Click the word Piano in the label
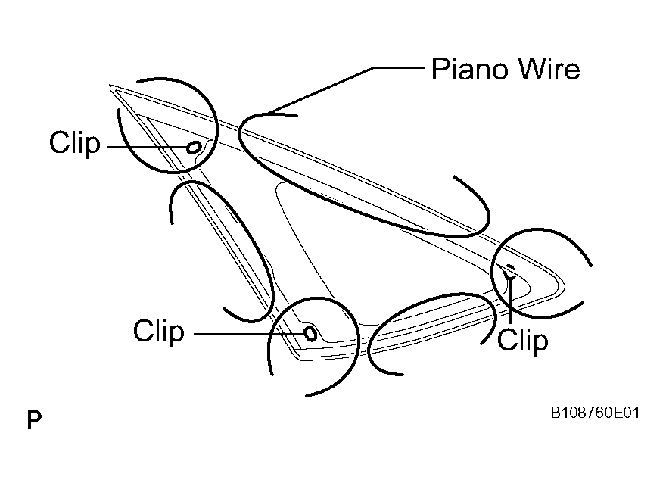tap(469, 69)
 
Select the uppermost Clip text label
tap(75, 143)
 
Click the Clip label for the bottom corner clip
tap(159, 332)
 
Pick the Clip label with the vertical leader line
tap(523, 341)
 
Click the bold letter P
tap(34, 420)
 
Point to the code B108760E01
tap(595, 413)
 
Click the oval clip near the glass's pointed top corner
tap(194, 148)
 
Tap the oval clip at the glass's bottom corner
tap(311, 334)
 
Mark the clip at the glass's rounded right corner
tap(510, 271)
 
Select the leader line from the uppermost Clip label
tap(147, 148)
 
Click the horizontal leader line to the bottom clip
tap(250, 334)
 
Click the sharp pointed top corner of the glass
tap(110, 86)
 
